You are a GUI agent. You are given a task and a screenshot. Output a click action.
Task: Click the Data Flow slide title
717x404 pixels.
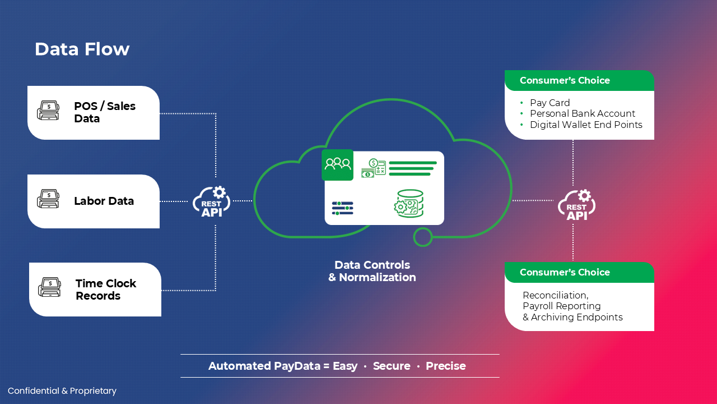coord(82,49)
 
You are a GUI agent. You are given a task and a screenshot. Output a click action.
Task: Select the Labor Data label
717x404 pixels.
coord(104,201)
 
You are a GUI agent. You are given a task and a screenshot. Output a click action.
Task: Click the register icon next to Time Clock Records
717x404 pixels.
coord(49,288)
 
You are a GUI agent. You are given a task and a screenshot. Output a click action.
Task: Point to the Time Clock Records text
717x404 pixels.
coord(106,290)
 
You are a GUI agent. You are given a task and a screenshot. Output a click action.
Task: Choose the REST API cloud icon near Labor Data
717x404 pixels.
coord(211,201)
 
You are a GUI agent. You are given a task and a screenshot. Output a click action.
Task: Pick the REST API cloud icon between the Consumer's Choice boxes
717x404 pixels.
coord(576,204)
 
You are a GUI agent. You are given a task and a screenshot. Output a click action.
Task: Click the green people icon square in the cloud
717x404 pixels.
coord(337,164)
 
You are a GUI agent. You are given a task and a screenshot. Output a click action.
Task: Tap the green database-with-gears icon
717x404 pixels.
coord(409,204)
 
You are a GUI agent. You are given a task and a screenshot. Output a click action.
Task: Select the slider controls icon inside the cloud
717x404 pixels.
coord(342,208)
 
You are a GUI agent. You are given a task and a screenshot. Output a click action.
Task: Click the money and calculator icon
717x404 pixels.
coord(373,168)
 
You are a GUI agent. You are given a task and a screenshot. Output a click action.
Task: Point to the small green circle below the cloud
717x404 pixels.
coord(422,237)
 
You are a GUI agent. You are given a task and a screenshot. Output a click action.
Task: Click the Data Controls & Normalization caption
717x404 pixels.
coord(372,271)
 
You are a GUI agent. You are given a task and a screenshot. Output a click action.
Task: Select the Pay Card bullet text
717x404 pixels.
coord(550,103)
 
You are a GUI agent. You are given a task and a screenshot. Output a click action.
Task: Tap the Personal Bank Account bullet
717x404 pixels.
coord(583,113)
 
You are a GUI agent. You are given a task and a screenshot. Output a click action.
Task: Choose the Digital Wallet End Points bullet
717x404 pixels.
coord(586,125)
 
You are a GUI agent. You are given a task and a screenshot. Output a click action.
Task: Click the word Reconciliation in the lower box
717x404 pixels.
coord(555,295)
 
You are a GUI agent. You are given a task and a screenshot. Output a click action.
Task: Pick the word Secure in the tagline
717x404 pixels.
coord(392,366)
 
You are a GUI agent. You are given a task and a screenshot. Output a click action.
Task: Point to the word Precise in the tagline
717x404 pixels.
coord(445,366)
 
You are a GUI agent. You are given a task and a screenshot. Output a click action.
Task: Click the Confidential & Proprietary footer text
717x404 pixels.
coord(62,391)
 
